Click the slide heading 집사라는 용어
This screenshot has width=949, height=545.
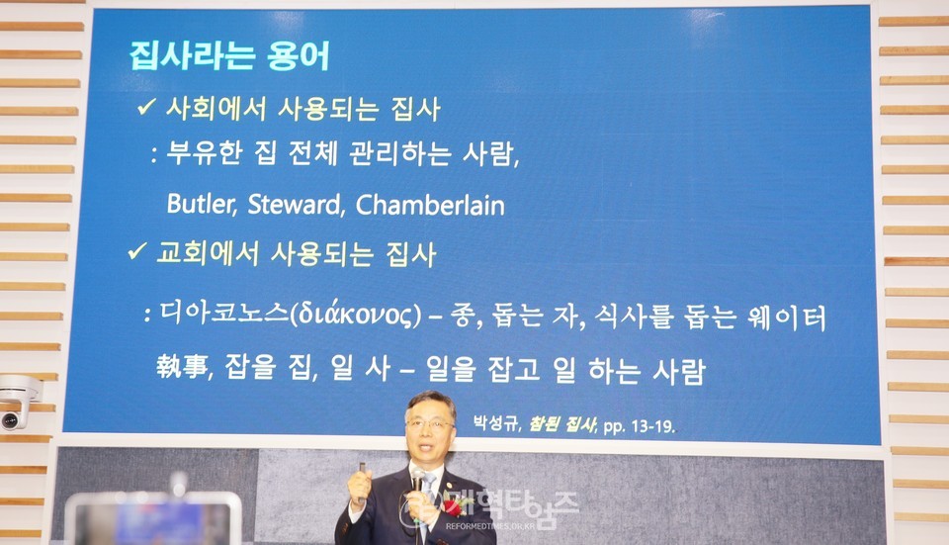coord(229,55)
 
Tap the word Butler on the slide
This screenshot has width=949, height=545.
coord(201,204)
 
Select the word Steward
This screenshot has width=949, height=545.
coord(296,204)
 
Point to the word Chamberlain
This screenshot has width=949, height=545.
coord(430,205)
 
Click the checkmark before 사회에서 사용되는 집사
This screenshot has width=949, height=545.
coord(146,107)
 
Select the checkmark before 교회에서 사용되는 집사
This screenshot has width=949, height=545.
coord(137,250)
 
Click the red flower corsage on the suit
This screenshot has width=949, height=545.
coord(452,506)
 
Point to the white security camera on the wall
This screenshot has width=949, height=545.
coord(18,403)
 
